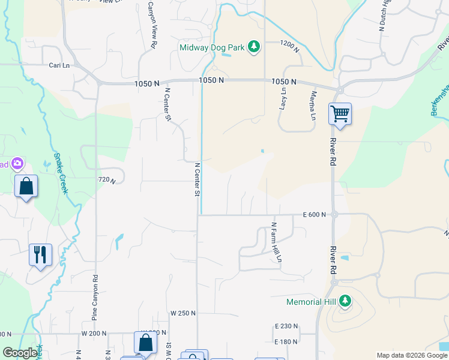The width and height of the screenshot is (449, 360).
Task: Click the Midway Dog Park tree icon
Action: point(254,47)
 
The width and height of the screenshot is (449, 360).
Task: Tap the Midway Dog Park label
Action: point(212,47)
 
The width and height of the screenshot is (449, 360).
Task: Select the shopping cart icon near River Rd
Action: point(340,113)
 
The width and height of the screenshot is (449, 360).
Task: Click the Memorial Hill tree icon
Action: point(345,301)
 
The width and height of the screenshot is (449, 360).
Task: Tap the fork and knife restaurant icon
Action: point(40,254)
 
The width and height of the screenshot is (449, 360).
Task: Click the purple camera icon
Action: point(17,163)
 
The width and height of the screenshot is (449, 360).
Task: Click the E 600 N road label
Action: point(314,214)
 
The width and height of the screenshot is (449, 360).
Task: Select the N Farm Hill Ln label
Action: point(276,242)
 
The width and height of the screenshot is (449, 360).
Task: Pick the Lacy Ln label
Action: point(283,97)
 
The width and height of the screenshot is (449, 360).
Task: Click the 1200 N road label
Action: point(289,43)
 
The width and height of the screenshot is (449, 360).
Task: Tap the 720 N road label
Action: point(106,179)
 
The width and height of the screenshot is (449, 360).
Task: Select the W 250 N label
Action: point(183,313)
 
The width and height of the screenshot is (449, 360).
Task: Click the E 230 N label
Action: point(286,326)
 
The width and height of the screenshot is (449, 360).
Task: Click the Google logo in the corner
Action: point(20,353)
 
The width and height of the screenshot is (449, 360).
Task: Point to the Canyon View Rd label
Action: point(154,32)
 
